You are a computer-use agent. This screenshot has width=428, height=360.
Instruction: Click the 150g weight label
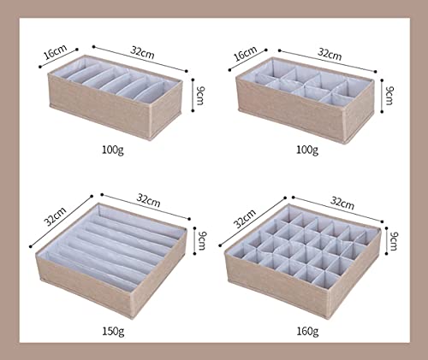pyautogui.click(x=113, y=332)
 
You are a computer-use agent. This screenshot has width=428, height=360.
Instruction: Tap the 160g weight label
pyautogui.click(x=307, y=332)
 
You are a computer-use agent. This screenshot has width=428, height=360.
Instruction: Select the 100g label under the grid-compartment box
pyautogui.click(x=307, y=150)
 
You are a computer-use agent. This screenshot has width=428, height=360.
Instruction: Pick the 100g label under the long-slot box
pyautogui.click(x=113, y=150)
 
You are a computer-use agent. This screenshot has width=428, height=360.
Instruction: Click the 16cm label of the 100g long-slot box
pyautogui.click(x=56, y=52)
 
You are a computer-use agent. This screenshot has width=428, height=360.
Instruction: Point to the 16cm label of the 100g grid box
pyautogui.click(x=245, y=53)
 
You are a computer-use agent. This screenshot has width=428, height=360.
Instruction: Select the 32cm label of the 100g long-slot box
pyautogui.click(x=143, y=52)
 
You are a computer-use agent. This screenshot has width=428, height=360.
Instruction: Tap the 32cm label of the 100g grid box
pyautogui.click(x=330, y=54)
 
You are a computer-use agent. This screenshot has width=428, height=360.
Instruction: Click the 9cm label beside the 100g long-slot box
pyautogui.click(x=200, y=96)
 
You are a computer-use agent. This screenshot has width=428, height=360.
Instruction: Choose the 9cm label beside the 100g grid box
pyautogui.click(x=389, y=96)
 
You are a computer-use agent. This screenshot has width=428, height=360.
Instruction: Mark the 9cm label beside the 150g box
pyautogui.click(x=202, y=240)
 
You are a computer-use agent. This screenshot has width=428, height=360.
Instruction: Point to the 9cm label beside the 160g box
pyautogui.click(x=394, y=241)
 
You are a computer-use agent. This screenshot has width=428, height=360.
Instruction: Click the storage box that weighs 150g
pyautogui.click(x=111, y=259)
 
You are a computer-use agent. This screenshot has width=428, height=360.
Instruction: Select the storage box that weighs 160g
pyautogui.click(x=303, y=260)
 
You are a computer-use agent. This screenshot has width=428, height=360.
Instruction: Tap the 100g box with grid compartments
pyautogui.click(x=305, y=100)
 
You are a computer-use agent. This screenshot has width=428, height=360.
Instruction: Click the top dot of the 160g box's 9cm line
pyautogui.click(x=387, y=228)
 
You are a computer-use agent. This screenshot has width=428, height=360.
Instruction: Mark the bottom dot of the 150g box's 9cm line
pyautogui.click(x=194, y=253)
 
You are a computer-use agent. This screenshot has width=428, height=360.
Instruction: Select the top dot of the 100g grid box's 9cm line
pyautogui.click(x=382, y=80)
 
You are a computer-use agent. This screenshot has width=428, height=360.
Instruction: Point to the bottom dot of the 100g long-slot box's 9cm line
pyautogui.click(x=193, y=110)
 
